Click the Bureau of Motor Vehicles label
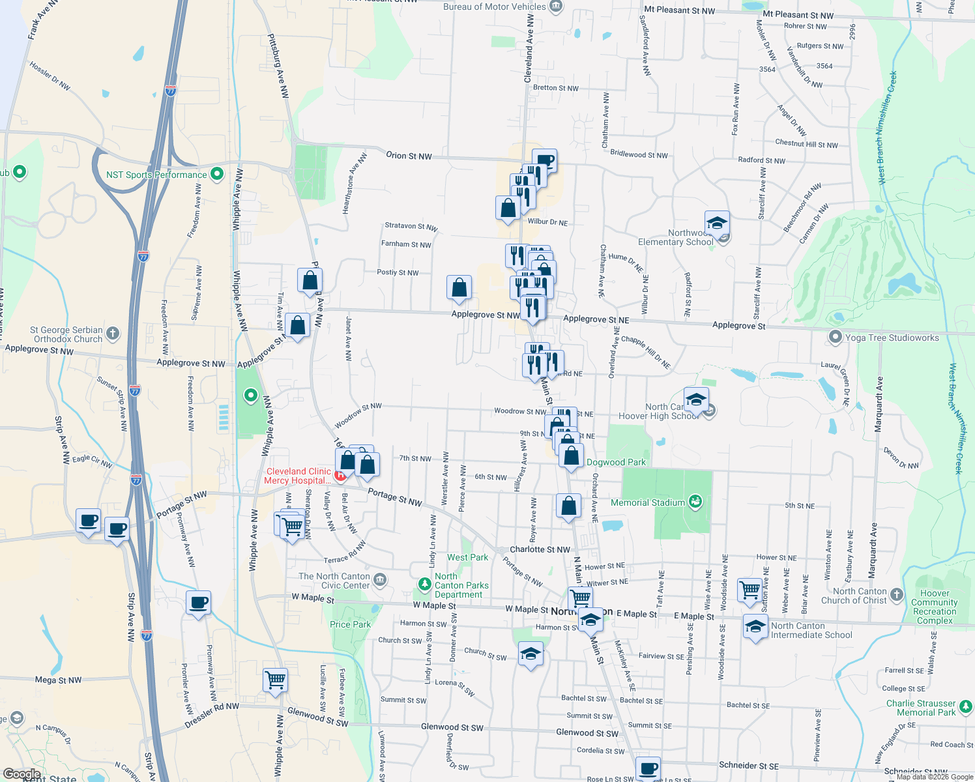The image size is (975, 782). (x=495, y=7)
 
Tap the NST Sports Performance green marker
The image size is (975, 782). (x=218, y=174)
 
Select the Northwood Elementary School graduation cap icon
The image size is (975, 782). (x=716, y=223)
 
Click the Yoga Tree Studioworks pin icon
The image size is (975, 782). (x=835, y=337)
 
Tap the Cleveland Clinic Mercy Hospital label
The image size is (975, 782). (x=298, y=476)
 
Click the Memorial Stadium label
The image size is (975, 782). (x=648, y=502)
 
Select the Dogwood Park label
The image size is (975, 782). (x=616, y=462)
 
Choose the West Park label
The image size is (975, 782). (x=467, y=557)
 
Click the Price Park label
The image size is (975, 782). (x=350, y=624)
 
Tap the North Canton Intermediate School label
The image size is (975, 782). (x=811, y=630)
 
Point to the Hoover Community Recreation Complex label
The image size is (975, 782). (x=935, y=607)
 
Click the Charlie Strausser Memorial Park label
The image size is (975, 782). (x=920, y=708)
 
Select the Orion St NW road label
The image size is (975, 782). (x=409, y=156)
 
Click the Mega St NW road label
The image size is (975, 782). (x=59, y=680)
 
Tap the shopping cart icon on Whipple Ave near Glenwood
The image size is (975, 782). (x=275, y=679)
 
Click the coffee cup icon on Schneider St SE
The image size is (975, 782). (x=648, y=768)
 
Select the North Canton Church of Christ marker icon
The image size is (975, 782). (x=897, y=595)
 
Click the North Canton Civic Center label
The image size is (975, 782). (x=335, y=581)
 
